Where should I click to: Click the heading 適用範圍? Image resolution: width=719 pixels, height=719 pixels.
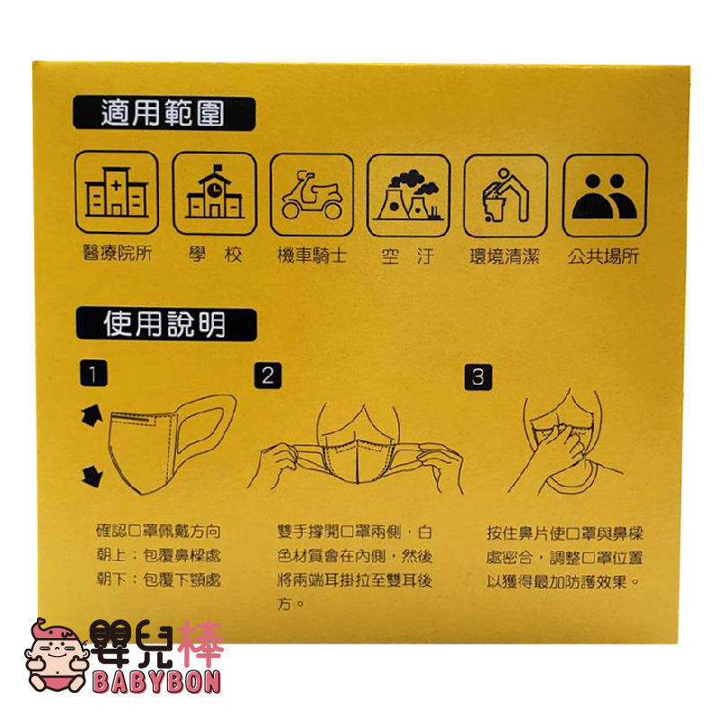[x=163, y=113]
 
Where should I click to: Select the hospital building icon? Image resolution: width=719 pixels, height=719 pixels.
[x=117, y=192]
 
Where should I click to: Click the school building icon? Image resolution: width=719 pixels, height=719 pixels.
[x=215, y=193]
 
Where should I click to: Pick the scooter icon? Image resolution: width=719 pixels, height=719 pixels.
[x=312, y=195]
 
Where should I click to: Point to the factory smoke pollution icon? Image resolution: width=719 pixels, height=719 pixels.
[x=409, y=195]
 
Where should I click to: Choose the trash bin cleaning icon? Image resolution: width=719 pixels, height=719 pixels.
[x=506, y=196]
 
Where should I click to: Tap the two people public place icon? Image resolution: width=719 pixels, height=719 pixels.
[x=605, y=196]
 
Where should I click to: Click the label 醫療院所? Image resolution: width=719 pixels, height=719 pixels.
[x=118, y=253]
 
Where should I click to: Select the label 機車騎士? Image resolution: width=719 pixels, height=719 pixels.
[x=312, y=255]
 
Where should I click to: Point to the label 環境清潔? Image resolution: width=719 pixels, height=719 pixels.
[x=504, y=256]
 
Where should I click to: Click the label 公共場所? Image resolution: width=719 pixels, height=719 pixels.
[x=603, y=256]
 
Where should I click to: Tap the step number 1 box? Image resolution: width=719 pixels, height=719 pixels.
[x=93, y=374]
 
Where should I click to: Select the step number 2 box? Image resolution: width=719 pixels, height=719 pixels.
[x=268, y=376]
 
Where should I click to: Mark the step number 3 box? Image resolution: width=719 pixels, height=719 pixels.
[x=478, y=377]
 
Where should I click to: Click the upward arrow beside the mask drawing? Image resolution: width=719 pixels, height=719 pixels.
[x=92, y=416]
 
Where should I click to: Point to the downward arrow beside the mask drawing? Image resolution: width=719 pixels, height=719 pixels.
[x=92, y=475]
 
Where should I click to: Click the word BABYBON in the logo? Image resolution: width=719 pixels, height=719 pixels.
[x=156, y=682]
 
